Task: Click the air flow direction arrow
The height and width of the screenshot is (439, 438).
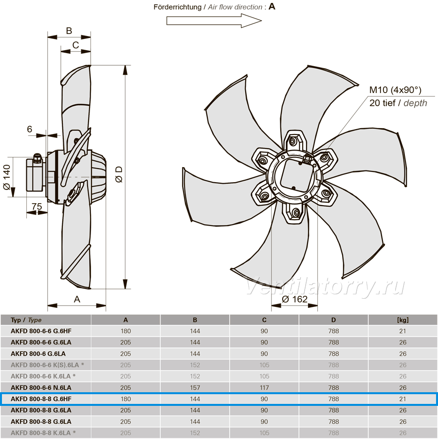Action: click(x=214, y=21)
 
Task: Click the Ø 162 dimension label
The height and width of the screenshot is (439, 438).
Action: click(x=294, y=299)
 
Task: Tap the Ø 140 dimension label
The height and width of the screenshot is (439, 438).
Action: click(x=7, y=177)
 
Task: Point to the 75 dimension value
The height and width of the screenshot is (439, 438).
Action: click(x=37, y=206)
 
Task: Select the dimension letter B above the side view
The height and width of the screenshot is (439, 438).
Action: click(x=69, y=31)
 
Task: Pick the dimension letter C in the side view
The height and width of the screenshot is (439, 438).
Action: click(x=75, y=45)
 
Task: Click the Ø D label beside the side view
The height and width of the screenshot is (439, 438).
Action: click(x=119, y=174)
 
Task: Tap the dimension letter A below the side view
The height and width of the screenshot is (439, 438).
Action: click(x=77, y=299)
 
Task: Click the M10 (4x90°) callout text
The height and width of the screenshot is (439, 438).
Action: click(x=395, y=90)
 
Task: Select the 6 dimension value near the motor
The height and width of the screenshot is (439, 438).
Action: click(x=30, y=129)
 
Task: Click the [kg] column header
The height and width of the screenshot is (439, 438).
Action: click(x=402, y=320)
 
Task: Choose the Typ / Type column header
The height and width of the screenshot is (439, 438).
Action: click(x=26, y=320)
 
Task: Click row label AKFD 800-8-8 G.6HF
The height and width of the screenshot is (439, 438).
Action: click(x=41, y=399)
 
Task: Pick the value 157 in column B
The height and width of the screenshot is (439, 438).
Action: click(x=195, y=388)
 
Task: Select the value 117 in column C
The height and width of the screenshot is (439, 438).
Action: click(x=264, y=388)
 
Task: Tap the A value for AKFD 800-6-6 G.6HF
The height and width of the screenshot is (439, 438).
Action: click(x=126, y=331)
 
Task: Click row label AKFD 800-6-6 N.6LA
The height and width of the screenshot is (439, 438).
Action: click(x=41, y=388)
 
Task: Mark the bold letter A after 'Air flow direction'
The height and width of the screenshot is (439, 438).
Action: click(x=272, y=6)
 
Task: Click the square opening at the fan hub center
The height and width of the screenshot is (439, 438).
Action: click(x=297, y=174)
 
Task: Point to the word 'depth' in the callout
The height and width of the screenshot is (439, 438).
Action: click(x=415, y=103)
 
